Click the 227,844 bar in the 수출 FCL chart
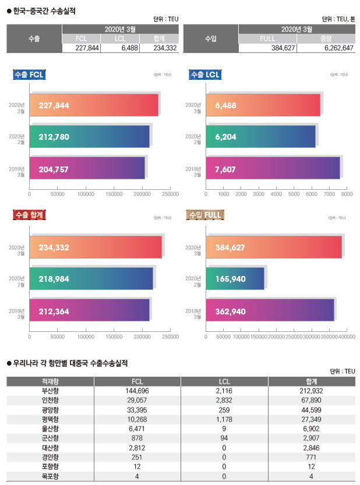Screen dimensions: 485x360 point(93,105)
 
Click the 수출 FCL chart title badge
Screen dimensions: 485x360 point(29,75)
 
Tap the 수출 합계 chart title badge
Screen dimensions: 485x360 point(29,215)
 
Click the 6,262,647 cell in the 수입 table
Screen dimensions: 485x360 point(325,48)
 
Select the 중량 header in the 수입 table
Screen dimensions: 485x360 point(325,38)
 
